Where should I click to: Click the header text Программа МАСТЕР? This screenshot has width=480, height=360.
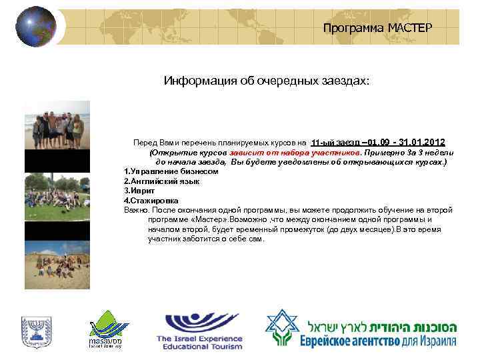click(x=377, y=27)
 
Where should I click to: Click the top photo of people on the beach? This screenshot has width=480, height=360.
click(x=57, y=125)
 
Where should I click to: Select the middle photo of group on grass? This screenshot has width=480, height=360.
click(x=57, y=197)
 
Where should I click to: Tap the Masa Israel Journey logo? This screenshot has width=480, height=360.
click(x=107, y=328)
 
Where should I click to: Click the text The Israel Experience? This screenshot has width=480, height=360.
click(x=199, y=339)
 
